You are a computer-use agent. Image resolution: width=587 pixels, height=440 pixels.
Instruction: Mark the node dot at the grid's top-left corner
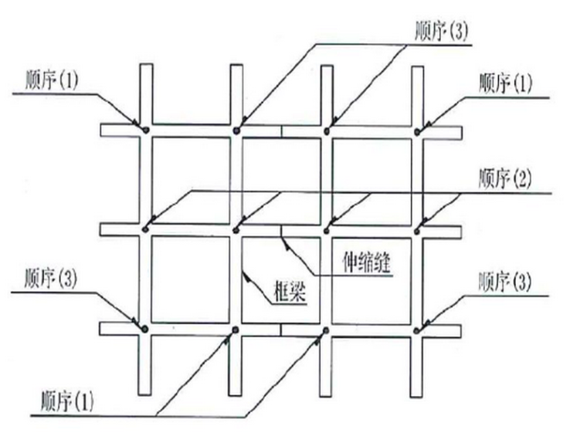tap(145, 130)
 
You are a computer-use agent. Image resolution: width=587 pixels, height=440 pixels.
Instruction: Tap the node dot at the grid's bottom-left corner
tap(145, 329)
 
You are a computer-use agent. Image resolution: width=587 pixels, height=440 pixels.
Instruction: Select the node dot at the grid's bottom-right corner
tap(418, 330)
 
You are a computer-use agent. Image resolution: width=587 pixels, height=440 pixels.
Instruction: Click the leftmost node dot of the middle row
tap(145, 228)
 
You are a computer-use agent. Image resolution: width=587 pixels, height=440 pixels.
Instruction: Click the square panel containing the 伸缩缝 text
tap(366, 279)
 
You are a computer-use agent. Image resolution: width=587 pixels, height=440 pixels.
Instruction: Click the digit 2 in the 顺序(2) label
tap(522, 180)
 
